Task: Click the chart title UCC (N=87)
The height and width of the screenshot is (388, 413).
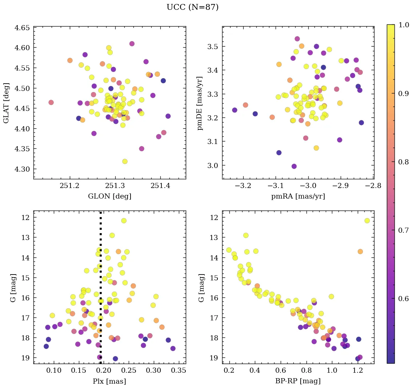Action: (192, 7)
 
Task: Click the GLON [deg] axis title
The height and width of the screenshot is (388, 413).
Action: (109, 196)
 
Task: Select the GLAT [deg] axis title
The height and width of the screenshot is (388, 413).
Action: (6, 103)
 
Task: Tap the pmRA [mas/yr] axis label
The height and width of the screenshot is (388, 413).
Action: (298, 196)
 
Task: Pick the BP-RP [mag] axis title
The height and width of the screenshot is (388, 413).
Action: (298, 381)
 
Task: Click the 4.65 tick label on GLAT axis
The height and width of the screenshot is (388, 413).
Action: (22, 28)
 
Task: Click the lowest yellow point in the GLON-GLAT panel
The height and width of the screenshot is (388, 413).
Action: (125, 161)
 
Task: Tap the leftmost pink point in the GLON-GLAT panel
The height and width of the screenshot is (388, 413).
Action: (51, 103)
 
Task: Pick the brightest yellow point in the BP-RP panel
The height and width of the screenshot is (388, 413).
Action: (367, 221)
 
